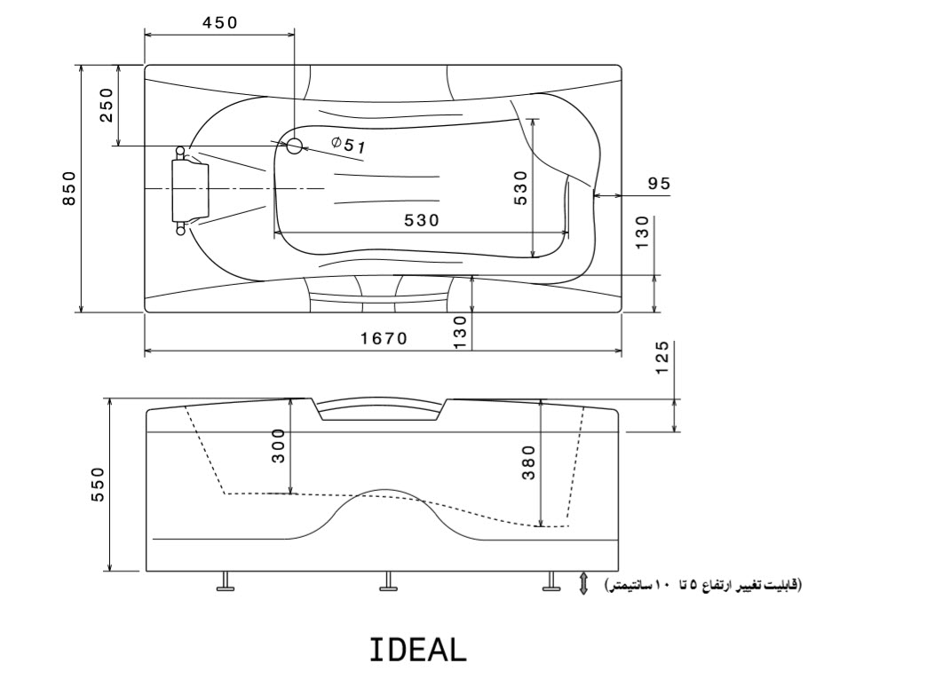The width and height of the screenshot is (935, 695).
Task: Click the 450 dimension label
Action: (x=219, y=23)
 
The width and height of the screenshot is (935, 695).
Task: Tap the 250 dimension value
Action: (x=107, y=105)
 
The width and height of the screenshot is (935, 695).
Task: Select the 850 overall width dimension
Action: (x=69, y=187)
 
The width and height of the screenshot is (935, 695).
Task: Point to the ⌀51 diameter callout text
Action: (x=348, y=145)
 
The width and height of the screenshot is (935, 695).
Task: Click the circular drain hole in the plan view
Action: (x=294, y=146)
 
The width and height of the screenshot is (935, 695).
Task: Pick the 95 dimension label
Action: (x=659, y=184)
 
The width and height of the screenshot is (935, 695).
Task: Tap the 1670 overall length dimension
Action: (x=384, y=338)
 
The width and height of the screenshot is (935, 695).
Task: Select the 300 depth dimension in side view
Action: (x=278, y=446)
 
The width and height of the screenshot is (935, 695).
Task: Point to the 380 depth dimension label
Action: (x=528, y=462)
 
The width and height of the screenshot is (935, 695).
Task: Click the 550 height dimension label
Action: (x=98, y=484)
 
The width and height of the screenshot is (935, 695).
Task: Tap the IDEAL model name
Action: (x=417, y=651)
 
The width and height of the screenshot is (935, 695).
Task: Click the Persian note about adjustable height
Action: (x=701, y=585)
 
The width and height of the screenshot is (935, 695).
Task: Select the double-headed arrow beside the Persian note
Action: (x=583, y=583)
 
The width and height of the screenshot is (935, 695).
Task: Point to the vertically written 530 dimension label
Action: (x=521, y=188)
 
